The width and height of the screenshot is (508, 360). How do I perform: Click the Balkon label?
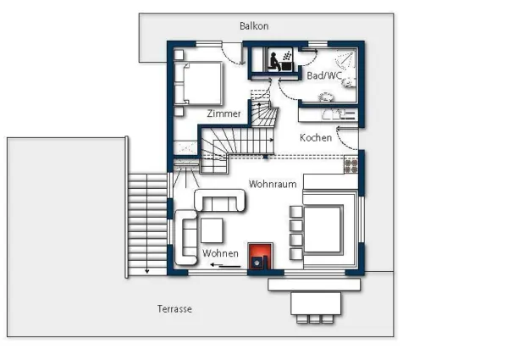(253, 26)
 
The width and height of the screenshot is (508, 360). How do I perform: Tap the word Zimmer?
(224, 113)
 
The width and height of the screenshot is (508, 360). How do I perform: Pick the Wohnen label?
(220, 253)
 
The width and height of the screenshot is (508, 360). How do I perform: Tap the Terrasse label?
(174, 309)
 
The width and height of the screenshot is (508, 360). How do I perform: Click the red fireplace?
(260, 255)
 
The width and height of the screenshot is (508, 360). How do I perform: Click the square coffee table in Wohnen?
(211, 230)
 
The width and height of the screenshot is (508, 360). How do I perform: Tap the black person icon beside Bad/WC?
(276, 61)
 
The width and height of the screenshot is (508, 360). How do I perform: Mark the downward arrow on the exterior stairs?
(147, 269)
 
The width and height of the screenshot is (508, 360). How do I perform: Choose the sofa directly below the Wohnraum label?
(220, 201)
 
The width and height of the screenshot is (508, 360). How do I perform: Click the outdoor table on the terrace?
(316, 301)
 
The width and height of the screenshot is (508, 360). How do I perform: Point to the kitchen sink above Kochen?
(345, 113)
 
